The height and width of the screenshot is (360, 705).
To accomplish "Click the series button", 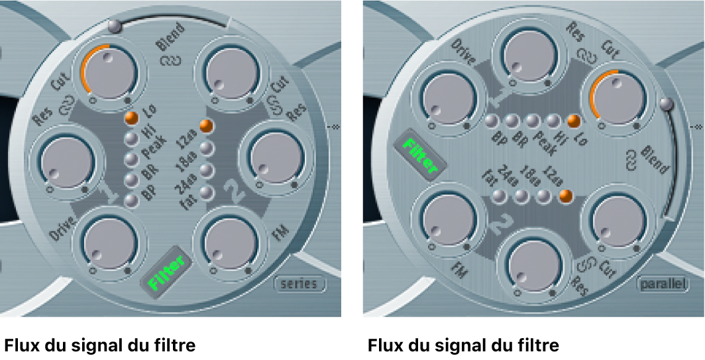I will [301, 284].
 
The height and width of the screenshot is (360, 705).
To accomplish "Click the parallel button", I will [661, 284].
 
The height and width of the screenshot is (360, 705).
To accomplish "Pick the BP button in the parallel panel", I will [491, 121].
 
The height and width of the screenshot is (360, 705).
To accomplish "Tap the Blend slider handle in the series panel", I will [115, 27].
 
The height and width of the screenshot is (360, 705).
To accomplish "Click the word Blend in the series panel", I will [170, 45].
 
